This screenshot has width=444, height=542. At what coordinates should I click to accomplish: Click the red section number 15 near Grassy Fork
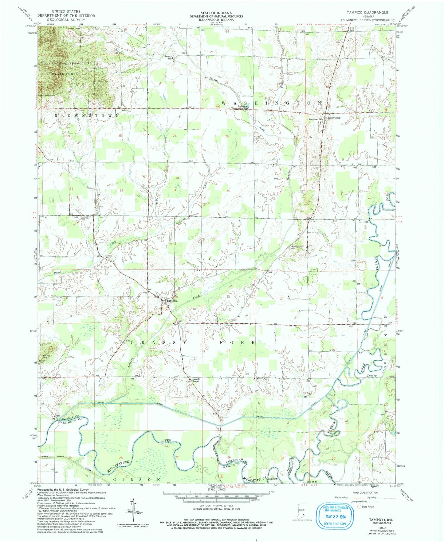(174, 350)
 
